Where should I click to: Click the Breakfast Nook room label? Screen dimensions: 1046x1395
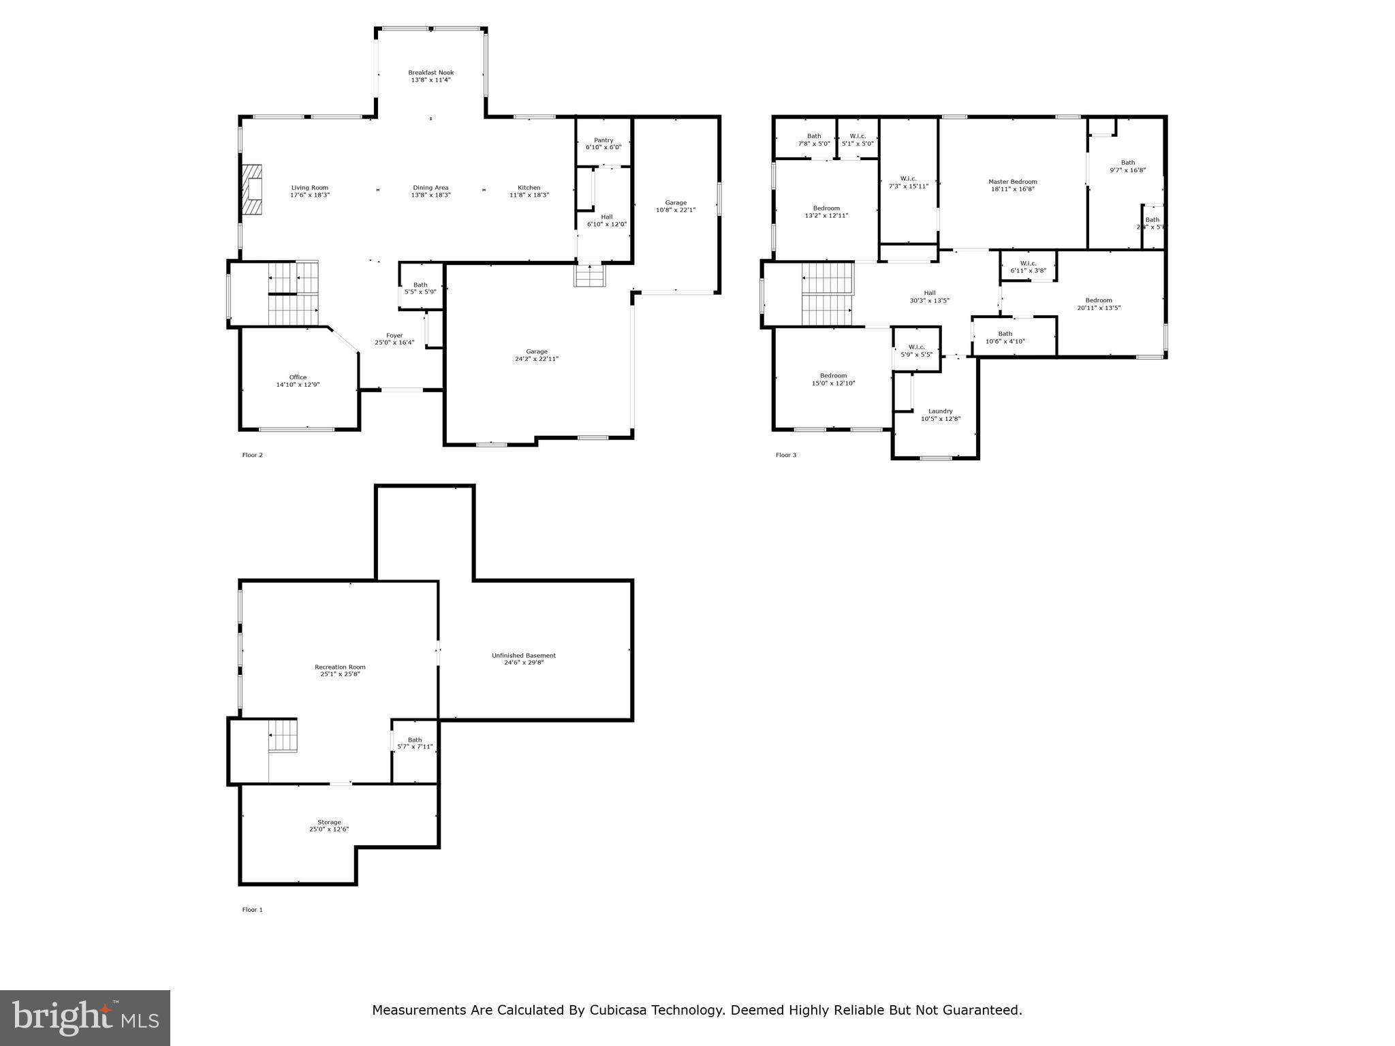tap(430, 73)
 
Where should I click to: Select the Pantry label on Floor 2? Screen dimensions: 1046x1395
tap(604, 140)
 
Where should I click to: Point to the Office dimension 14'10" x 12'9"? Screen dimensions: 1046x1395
tap(298, 385)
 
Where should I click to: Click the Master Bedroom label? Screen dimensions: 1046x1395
tap(1013, 182)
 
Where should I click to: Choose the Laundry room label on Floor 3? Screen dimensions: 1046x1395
tap(940, 411)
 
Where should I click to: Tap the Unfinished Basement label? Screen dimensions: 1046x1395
tap(524, 656)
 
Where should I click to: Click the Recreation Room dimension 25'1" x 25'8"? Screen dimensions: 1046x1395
tap(340, 674)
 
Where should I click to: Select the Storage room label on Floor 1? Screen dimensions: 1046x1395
tap(329, 822)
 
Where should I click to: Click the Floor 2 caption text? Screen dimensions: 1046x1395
tap(252, 455)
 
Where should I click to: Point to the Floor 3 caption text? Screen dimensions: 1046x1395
tap(785, 455)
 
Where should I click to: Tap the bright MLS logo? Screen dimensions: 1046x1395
tap(85, 1017)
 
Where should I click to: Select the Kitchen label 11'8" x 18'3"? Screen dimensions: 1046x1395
tap(529, 191)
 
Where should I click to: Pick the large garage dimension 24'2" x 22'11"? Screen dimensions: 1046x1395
tap(537, 359)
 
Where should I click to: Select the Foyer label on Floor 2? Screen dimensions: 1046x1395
tap(394, 335)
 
